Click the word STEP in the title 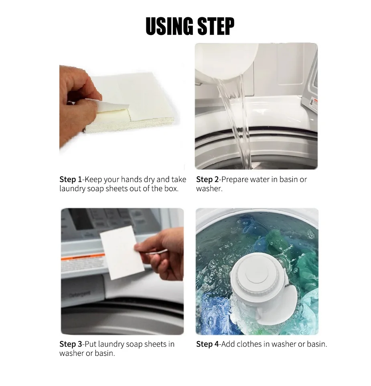click(x=216, y=26)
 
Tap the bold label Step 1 click(x=70, y=180)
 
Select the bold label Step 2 click(x=207, y=180)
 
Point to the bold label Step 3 click(x=71, y=344)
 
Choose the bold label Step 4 click(x=207, y=344)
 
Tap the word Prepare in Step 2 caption click(x=235, y=180)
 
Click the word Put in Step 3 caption click(x=91, y=344)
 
